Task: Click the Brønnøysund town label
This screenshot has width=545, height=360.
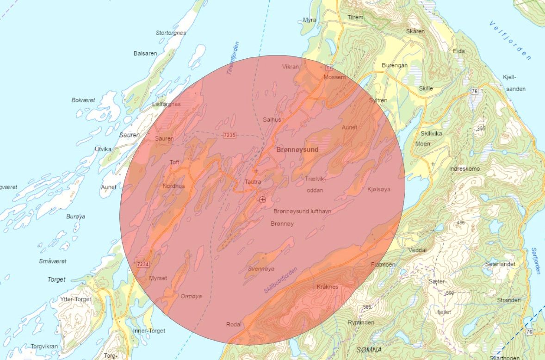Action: [297, 150]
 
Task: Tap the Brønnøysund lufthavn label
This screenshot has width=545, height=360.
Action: [302, 211]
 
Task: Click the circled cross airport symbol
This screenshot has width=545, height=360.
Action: [263, 199]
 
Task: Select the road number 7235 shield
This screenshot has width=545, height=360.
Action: [229, 135]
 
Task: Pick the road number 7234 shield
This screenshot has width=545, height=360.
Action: [143, 264]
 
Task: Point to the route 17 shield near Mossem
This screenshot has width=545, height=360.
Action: [329, 68]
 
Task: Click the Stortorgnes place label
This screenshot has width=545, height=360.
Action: [171, 33]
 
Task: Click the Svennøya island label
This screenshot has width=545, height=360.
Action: [261, 268]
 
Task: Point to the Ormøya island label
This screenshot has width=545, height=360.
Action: [191, 297]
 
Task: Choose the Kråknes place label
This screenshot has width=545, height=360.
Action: [328, 287]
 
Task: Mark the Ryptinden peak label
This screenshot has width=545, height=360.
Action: [360, 323]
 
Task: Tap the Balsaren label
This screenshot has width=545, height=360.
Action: [145, 54]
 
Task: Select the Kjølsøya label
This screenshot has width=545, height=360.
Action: [378, 189]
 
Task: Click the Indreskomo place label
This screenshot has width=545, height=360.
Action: [464, 169]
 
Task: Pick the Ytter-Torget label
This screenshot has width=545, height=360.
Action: [76, 299]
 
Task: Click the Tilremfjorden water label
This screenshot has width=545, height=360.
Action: [233, 58]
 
